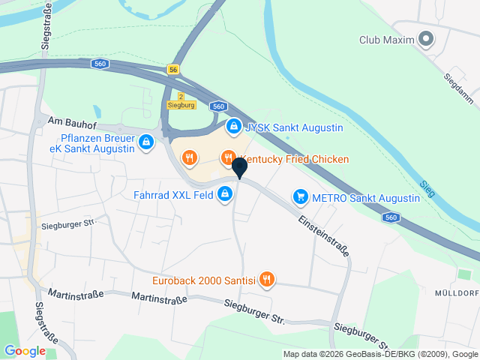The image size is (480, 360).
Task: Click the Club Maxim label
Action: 387,39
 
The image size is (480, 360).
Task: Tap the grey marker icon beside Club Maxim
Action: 427,38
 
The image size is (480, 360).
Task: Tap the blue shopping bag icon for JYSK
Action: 234,127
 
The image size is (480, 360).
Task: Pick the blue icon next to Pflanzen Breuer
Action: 146,142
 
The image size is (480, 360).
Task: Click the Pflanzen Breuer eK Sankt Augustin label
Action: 98,143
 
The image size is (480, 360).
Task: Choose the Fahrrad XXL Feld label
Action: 172,195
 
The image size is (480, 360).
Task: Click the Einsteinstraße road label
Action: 324,237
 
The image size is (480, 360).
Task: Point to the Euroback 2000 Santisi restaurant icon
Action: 267,280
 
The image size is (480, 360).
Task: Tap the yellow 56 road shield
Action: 174,69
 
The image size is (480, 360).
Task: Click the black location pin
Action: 239,167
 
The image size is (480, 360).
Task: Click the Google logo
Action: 25,350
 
